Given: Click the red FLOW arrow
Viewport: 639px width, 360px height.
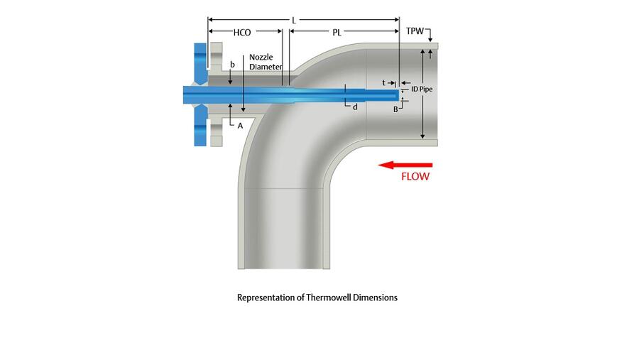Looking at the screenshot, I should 404,165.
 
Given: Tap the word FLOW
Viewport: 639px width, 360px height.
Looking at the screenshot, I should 415,177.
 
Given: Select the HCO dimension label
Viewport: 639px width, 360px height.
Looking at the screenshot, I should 242,33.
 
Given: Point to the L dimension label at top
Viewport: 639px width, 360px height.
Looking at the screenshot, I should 293,20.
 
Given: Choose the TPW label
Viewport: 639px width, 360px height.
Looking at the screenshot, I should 415,33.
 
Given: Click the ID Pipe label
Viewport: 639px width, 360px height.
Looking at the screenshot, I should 422,89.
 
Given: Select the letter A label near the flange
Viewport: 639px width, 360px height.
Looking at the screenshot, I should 240,125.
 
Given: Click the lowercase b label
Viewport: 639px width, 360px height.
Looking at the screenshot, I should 232,65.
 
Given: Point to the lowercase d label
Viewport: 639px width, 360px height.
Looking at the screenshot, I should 355,107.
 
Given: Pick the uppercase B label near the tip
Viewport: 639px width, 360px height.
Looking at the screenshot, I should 396,109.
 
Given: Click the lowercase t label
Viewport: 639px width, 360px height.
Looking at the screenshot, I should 383,83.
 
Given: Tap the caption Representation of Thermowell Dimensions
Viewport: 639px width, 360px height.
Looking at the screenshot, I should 317,298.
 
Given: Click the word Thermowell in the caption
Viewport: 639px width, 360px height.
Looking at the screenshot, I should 328,298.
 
